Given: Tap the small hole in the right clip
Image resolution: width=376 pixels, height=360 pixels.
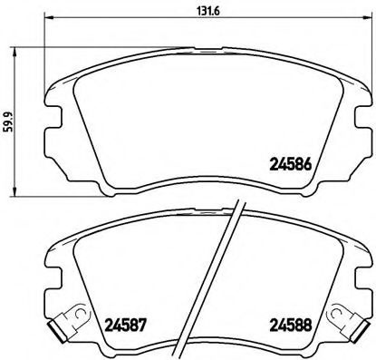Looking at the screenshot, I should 348,316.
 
